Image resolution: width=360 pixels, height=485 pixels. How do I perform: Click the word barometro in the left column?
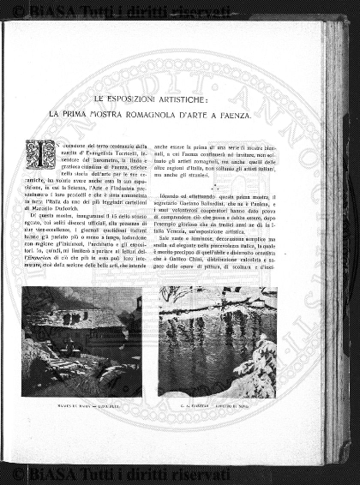[90, 159]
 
